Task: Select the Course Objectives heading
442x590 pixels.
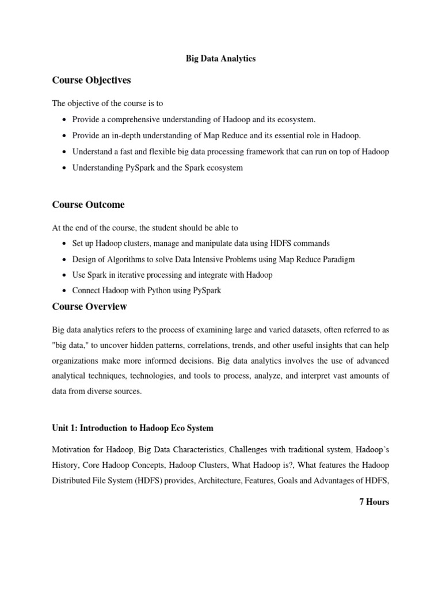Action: tap(92, 80)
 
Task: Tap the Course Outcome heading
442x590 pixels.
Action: tap(88, 205)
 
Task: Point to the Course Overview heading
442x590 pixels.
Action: tap(89, 307)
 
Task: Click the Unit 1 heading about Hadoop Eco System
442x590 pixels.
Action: tap(132, 428)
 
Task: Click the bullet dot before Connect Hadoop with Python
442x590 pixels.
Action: tap(63, 291)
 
